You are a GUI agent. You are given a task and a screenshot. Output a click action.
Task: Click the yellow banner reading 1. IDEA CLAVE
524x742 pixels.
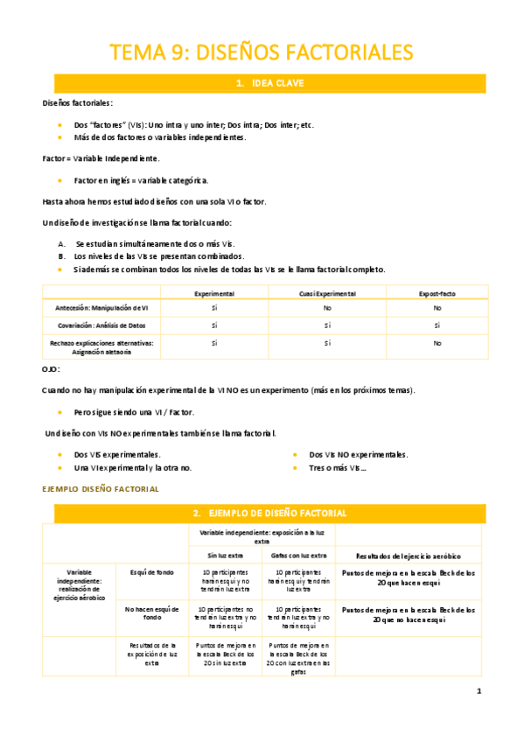[x=269, y=84]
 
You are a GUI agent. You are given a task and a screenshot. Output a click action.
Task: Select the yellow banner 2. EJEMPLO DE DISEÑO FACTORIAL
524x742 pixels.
[x=269, y=512]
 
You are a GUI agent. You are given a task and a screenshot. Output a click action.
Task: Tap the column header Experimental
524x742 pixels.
[x=214, y=294]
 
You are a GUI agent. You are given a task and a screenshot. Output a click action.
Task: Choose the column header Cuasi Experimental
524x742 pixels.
[x=327, y=294]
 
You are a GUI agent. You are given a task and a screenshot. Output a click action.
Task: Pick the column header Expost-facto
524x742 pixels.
[x=437, y=294]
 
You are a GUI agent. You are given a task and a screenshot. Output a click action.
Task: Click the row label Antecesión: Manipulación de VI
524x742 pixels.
[x=101, y=309]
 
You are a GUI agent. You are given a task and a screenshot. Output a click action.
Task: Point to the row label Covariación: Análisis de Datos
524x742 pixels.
[x=101, y=325]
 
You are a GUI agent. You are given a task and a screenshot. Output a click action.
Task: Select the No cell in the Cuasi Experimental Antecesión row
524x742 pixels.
[x=327, y=309]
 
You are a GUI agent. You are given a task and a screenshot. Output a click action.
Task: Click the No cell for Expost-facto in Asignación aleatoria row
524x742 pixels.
[x=437, y=344]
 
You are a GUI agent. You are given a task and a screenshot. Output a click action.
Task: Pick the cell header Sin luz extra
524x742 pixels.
[x=225, y=555]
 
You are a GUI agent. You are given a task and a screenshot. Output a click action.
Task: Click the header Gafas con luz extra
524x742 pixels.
[x=299, y=555]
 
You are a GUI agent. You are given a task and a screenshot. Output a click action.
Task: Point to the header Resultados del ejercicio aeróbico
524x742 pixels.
[x=409, y=556]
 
